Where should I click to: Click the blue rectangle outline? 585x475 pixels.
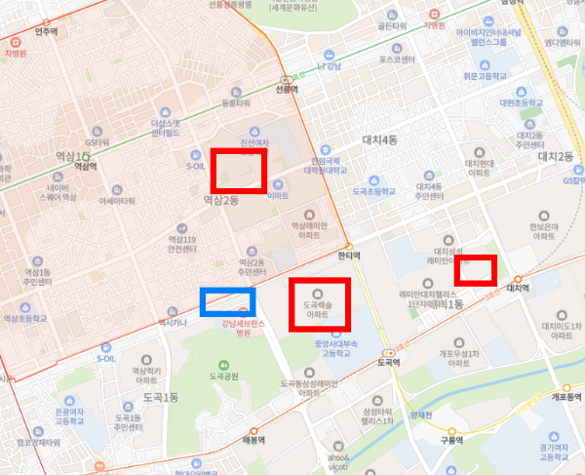(x=226, y=302)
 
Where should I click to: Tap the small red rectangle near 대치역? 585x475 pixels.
(x=477, y=269)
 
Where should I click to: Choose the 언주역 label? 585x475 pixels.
(x=46, y=31)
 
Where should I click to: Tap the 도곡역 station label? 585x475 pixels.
(x=390, y=361)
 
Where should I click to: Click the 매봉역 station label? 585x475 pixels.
(x=252, y=439)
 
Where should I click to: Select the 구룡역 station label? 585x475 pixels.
(x=449, y=440)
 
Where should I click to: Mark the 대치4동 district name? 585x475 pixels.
(x=379, y=140)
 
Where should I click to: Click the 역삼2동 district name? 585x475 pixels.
(x=220, y=200)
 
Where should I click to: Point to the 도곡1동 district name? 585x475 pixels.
(x=161, y=398)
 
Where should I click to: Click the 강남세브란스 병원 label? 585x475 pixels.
(x=242, y=327)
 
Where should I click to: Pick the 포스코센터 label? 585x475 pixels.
(x=397, y=59)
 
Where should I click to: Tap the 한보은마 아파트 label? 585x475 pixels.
(x=543, y=232)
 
